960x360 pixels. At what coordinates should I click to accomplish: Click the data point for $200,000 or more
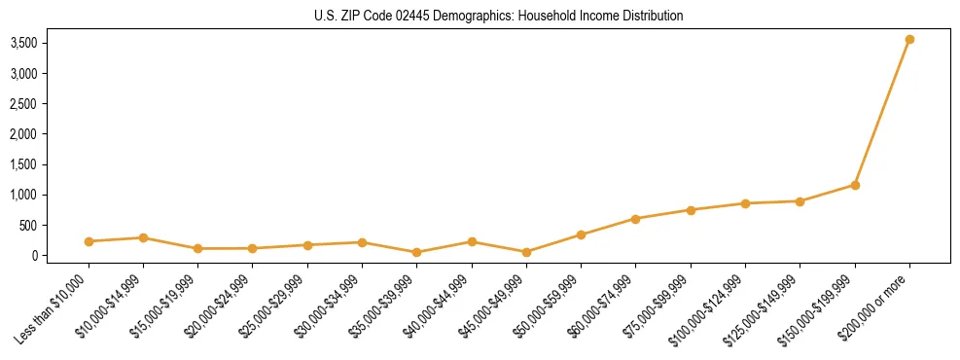909,40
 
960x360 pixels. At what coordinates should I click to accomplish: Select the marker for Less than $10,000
89,241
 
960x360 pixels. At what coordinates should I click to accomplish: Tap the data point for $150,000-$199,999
855,185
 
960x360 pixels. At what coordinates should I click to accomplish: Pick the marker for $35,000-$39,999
417,252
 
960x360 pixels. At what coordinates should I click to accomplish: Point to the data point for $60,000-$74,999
636,219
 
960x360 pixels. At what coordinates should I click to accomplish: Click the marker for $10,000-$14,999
143,237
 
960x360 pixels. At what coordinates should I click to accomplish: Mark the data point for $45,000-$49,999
526,252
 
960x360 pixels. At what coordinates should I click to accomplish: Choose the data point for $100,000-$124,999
745,203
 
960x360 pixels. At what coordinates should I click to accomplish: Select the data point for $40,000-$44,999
472,241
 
